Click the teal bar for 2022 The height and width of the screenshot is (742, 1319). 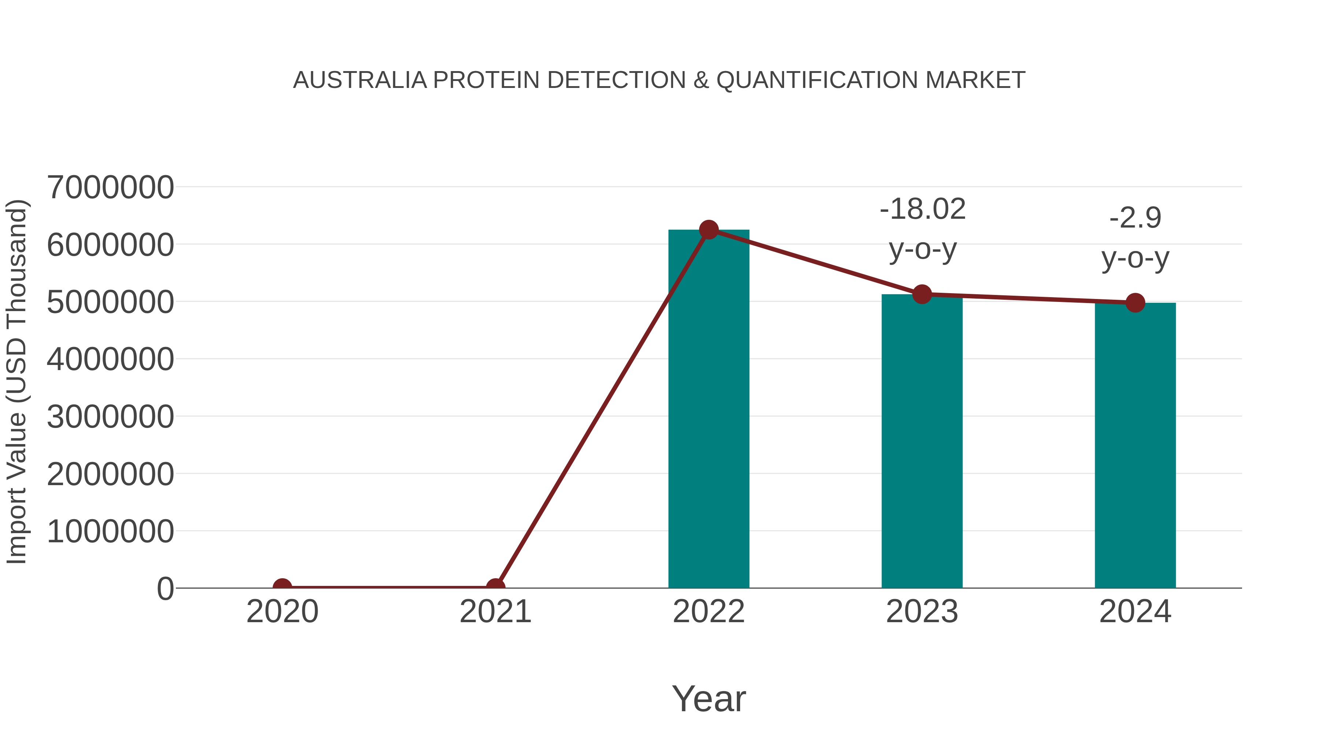(x=709, y=410)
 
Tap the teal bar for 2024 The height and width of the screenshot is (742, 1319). (x=1135, y=446)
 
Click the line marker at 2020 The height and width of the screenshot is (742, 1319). (x=282, y=587)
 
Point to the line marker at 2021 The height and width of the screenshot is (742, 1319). (x=495, y=587)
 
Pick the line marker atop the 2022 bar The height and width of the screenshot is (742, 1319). (x=709, y=230)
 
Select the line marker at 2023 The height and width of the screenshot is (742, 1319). (x=922, y=295)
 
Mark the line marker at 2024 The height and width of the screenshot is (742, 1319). (x=1135, y=303)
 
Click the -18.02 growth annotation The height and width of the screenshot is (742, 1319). (x=923, y=210)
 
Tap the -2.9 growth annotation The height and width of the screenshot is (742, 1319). (x=1135, y=218)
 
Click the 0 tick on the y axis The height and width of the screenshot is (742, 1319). (x=165, y=589)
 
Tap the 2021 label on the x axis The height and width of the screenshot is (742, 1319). (x=495, y=612)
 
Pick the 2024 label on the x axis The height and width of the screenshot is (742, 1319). (x=1135, y=612)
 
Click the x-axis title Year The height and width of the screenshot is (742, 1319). (x=709, y=699)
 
